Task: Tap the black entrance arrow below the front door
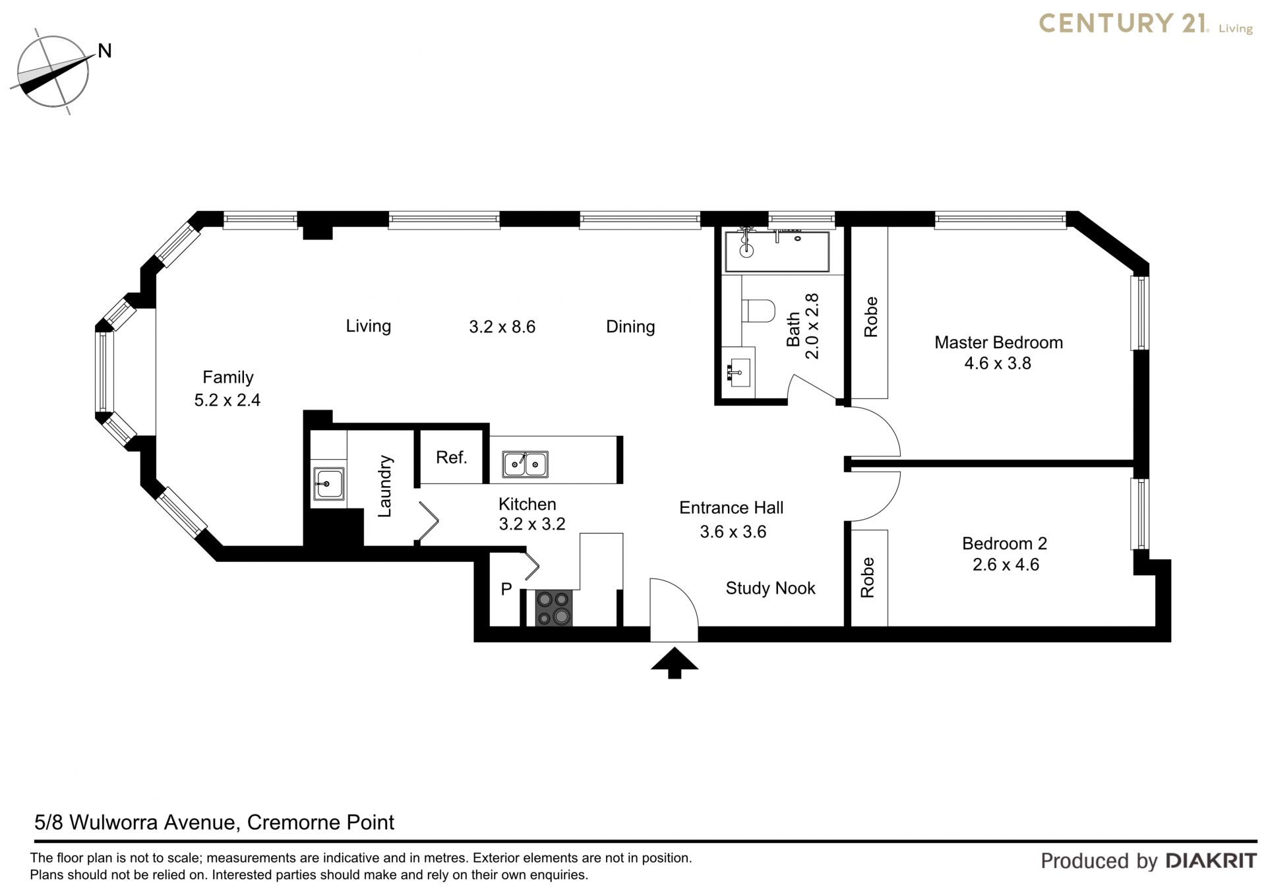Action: coord(674,662)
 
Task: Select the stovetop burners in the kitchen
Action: coord(553,607)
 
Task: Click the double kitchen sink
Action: coord(525,464)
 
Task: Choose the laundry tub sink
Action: coord(328,483)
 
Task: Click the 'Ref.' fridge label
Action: coord(452,457)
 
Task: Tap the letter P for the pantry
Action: coord(506,589)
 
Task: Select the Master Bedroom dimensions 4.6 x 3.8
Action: coord(998,363)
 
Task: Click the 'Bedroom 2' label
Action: coord(1004,543)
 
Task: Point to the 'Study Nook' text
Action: coord(770,588)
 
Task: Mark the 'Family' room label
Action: coord(227,377)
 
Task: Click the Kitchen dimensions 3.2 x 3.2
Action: coord(532,524)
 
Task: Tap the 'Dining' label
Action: coord(630,327)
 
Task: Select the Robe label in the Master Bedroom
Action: coord(871,317)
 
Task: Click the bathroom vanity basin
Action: coord(739,373)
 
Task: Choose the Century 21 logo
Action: coord(1146,24)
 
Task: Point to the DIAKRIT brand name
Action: coord(1211,861)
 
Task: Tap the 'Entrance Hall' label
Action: coord(731,508)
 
